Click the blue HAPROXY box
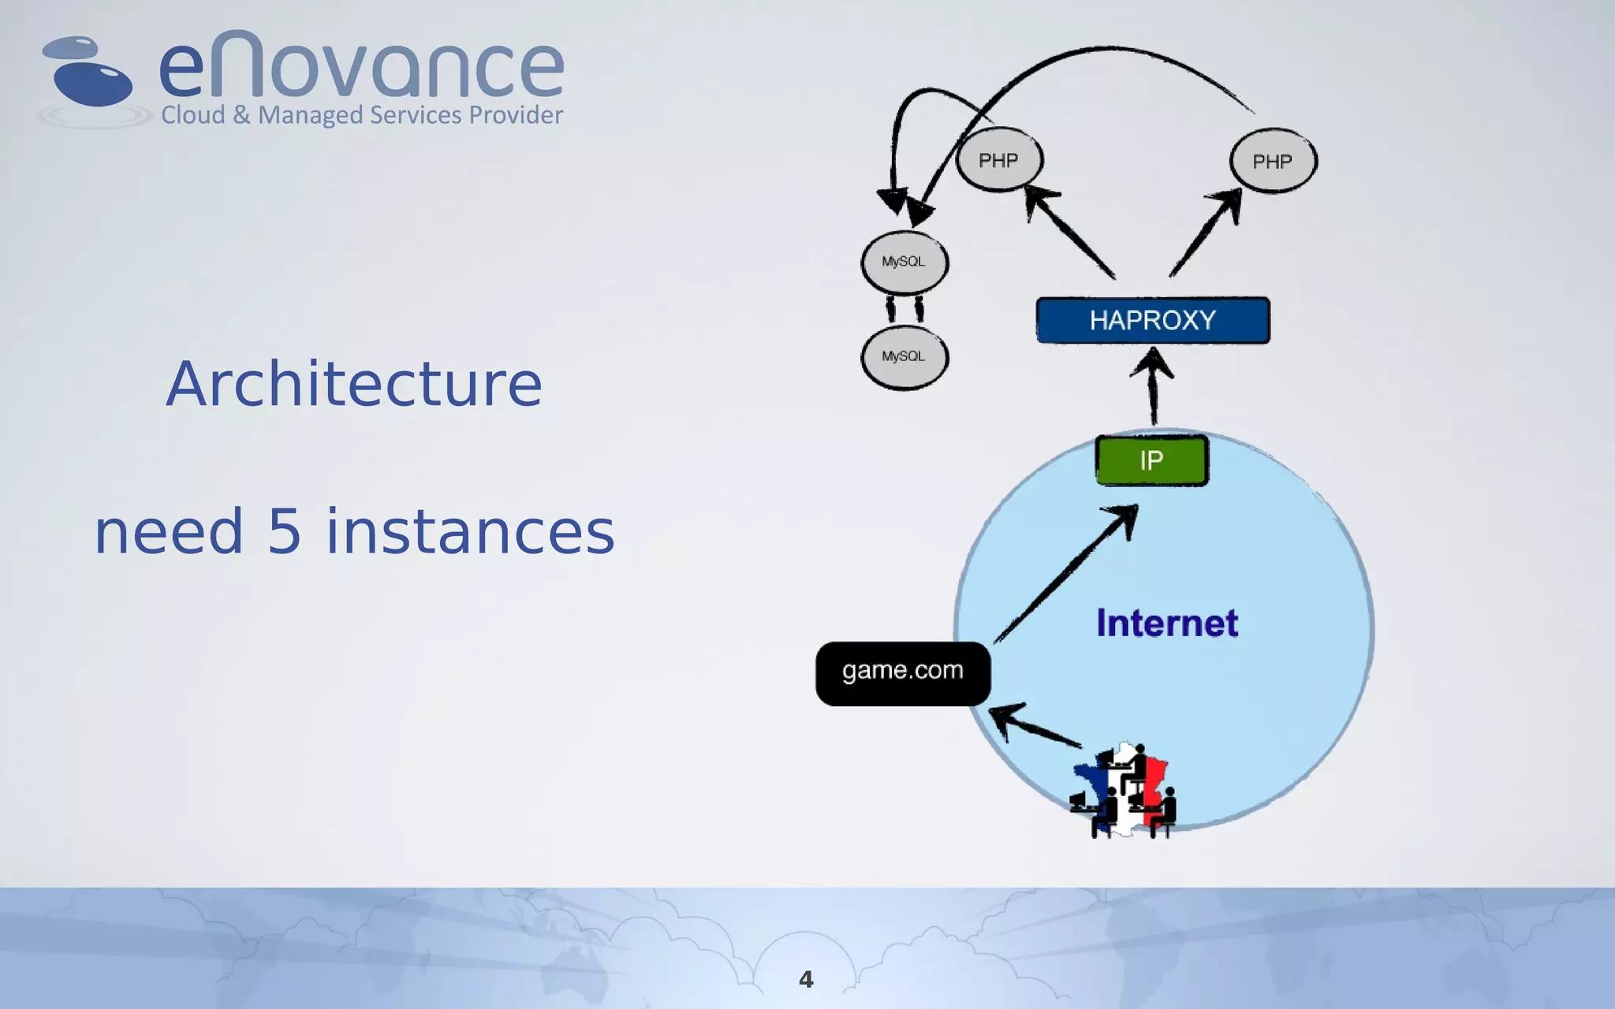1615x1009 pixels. tap(1152, 320)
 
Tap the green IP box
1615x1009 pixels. tap(1151, 460)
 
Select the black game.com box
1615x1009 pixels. tap(903, 673)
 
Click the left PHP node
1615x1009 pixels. tap(999, 160)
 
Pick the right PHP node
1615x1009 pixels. tap(1273, 162)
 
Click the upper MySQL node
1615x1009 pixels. tap(904, 262)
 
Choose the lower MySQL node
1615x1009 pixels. tap(904, 357)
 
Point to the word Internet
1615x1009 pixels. tap(1167, 624)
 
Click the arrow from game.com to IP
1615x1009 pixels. tap(1065, 575)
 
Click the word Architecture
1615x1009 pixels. tap(354, 384)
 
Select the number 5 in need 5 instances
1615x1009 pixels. tap(285, 532)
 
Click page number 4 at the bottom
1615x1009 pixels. tap(806, 979)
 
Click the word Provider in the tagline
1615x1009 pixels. tap(516, 115)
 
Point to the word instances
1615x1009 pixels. tap(470, 532)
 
